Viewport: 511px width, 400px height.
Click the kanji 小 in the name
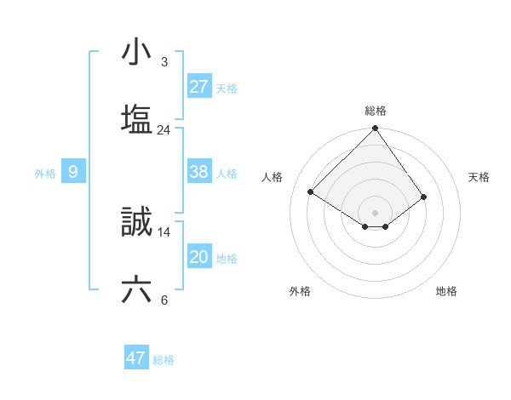tap(137, 54)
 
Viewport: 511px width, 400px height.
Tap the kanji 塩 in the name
tap(137, 119)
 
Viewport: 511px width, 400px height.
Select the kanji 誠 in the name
tap(137, 223)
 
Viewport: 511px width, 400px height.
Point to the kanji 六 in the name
tap(137, 290)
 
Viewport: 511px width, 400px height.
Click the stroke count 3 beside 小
tap(164, 62)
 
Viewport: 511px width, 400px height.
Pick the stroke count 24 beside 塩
tap(164, 130)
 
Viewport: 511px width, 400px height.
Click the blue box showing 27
tap(199, 86)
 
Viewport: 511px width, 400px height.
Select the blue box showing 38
tap(199, 172)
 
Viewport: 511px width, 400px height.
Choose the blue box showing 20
tap(199, 257)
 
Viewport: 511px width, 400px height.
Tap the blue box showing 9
tap(73, 172)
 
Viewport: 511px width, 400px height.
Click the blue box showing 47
tap(136, 358)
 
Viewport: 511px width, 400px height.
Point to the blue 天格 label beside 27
tap(227, 88)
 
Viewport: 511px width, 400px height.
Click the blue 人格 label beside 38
tap(227, 174)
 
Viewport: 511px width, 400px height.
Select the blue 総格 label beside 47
tap(164, 360)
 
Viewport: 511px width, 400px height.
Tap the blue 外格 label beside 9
tap(45, 174)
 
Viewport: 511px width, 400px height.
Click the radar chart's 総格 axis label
tap(376, 111)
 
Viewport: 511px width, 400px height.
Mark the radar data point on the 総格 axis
tap(375, 129)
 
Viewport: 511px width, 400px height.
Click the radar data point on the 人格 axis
tap(311, 192)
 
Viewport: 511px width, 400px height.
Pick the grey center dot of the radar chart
tap(375, 212)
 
